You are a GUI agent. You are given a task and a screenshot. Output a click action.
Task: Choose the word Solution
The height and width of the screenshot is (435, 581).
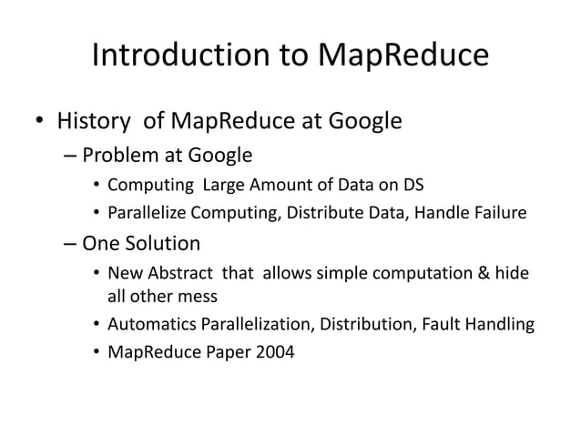[163, 244]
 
